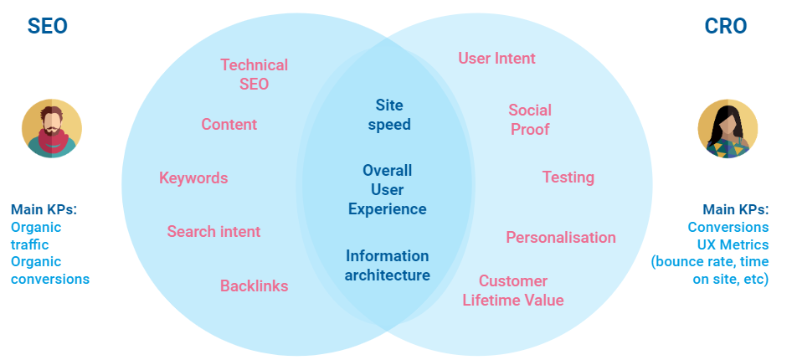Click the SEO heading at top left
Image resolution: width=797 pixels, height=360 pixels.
pyautogui.click(x=47, y=26)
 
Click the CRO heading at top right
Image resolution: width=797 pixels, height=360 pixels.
pyautogui.click(x=726, y=26)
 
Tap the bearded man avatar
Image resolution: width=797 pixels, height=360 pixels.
pyautogui.click(x=52, y=128)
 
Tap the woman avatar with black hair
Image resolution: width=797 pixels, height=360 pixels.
pyautogui.click(x=728, y=128)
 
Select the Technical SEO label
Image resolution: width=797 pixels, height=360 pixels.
pyautogui.click(x=255, y=75)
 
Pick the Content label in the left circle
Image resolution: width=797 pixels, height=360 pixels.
pyautogui.click(x=229, y=124)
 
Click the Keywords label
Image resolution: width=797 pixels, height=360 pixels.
pyautogui.click(x=193, y=178)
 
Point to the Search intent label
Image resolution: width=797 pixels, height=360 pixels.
pyautogui.click(x=214, y=231)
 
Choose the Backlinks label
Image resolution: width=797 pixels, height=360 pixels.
pyautogui.click(x=255, y=285)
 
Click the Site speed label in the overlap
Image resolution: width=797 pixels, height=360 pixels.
pyautogui.click(x=389, y=115)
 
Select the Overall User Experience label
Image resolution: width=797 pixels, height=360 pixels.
pyautogui.click(x=388, y=190)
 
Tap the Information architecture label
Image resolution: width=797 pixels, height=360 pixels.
pyautogui.click(x=388, y=265)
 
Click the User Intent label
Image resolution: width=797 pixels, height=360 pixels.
pyautogui.click(x=496, y=58)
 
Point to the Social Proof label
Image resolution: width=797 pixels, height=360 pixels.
pyautogui.click(x=530, y=120)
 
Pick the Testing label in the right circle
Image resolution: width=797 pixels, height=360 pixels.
pyautogui.click(x=568, y=177)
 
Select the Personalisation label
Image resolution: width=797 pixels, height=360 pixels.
pyautogui.click(x=561, y=237)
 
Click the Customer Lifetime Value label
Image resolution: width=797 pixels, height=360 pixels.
pyautogui.click(x=513, y=291)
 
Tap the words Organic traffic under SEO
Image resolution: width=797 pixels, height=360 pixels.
pyautogui.click(x=36, y=235)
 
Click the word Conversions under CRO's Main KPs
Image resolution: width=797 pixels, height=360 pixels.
pyautogui.click(x=728, y=227)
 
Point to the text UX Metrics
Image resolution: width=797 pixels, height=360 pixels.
pyautogui.click(x=733, y=244)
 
